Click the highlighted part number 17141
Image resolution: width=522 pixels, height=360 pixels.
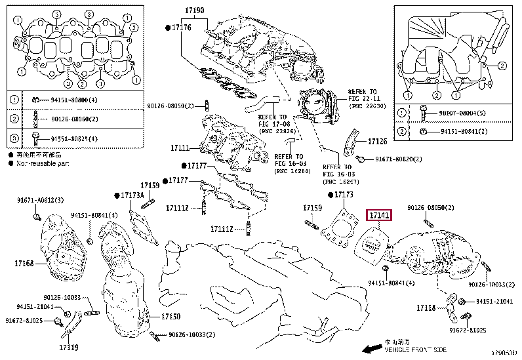click(x=379, y=215)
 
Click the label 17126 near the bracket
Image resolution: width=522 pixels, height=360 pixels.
click(x=378, y=141)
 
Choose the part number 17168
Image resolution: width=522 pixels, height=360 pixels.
click(x=24, y=264)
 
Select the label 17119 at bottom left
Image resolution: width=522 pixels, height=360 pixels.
click(x=68, y=347)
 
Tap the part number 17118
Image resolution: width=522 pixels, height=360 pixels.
click(x=426, y=307)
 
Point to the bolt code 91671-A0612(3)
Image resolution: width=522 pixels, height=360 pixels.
click(x=40, y=200)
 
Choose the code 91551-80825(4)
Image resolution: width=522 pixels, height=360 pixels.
click(x=65, y=139)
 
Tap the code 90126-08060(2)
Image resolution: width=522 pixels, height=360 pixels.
click(x=75, y=119)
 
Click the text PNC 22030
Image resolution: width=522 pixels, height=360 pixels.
click(x=367, y=106)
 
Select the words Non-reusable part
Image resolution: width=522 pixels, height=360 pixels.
click(x=43, y=162)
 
